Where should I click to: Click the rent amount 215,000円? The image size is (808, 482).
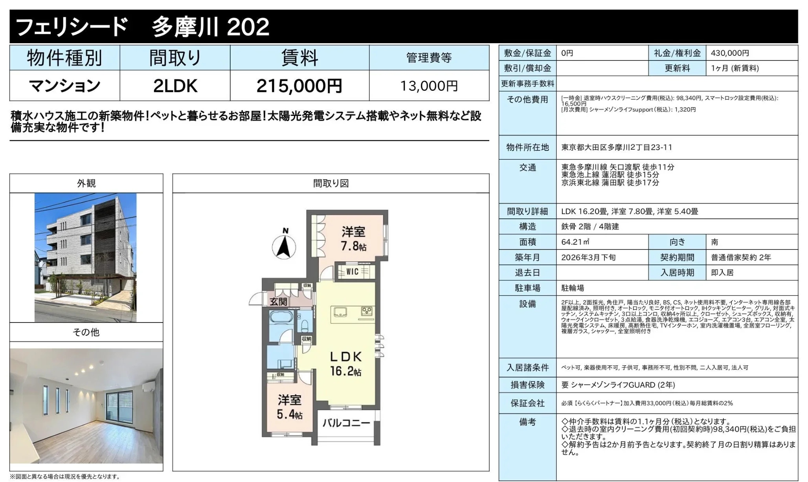[299, 86]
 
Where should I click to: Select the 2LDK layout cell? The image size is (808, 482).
[175, 86]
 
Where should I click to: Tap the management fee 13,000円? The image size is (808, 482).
[429, 86]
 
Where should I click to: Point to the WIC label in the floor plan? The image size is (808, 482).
[352, 271]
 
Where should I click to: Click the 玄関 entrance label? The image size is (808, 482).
[278, 302]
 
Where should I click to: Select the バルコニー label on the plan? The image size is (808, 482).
[346, 423]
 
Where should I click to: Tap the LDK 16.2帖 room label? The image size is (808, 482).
[345, 364]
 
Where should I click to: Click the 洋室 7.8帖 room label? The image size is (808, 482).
[353, 238]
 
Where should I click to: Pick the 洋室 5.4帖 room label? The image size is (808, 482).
[289, 407]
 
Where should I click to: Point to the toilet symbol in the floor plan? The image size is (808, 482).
[304, 326]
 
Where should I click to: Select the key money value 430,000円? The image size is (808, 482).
[730, 53]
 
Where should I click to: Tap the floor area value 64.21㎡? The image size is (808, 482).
[575, 242]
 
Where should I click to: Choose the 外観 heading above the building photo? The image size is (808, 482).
[86, 183]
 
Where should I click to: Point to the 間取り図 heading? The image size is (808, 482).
[331, 183]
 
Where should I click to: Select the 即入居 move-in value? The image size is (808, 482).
[722, 273]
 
